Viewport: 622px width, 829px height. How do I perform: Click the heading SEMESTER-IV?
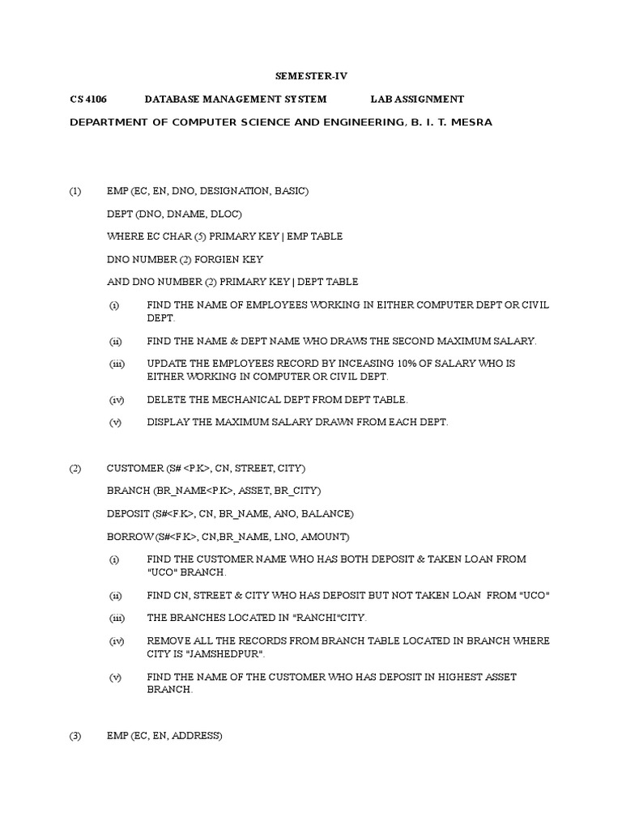311,76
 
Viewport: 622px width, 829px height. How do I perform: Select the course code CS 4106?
88,99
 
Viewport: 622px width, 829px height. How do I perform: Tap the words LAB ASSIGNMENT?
417,99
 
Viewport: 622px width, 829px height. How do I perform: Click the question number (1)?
75,191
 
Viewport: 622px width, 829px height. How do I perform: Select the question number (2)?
75,469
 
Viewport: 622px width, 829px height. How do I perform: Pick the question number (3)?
75,736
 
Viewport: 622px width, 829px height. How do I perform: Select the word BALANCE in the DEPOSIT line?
326,514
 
